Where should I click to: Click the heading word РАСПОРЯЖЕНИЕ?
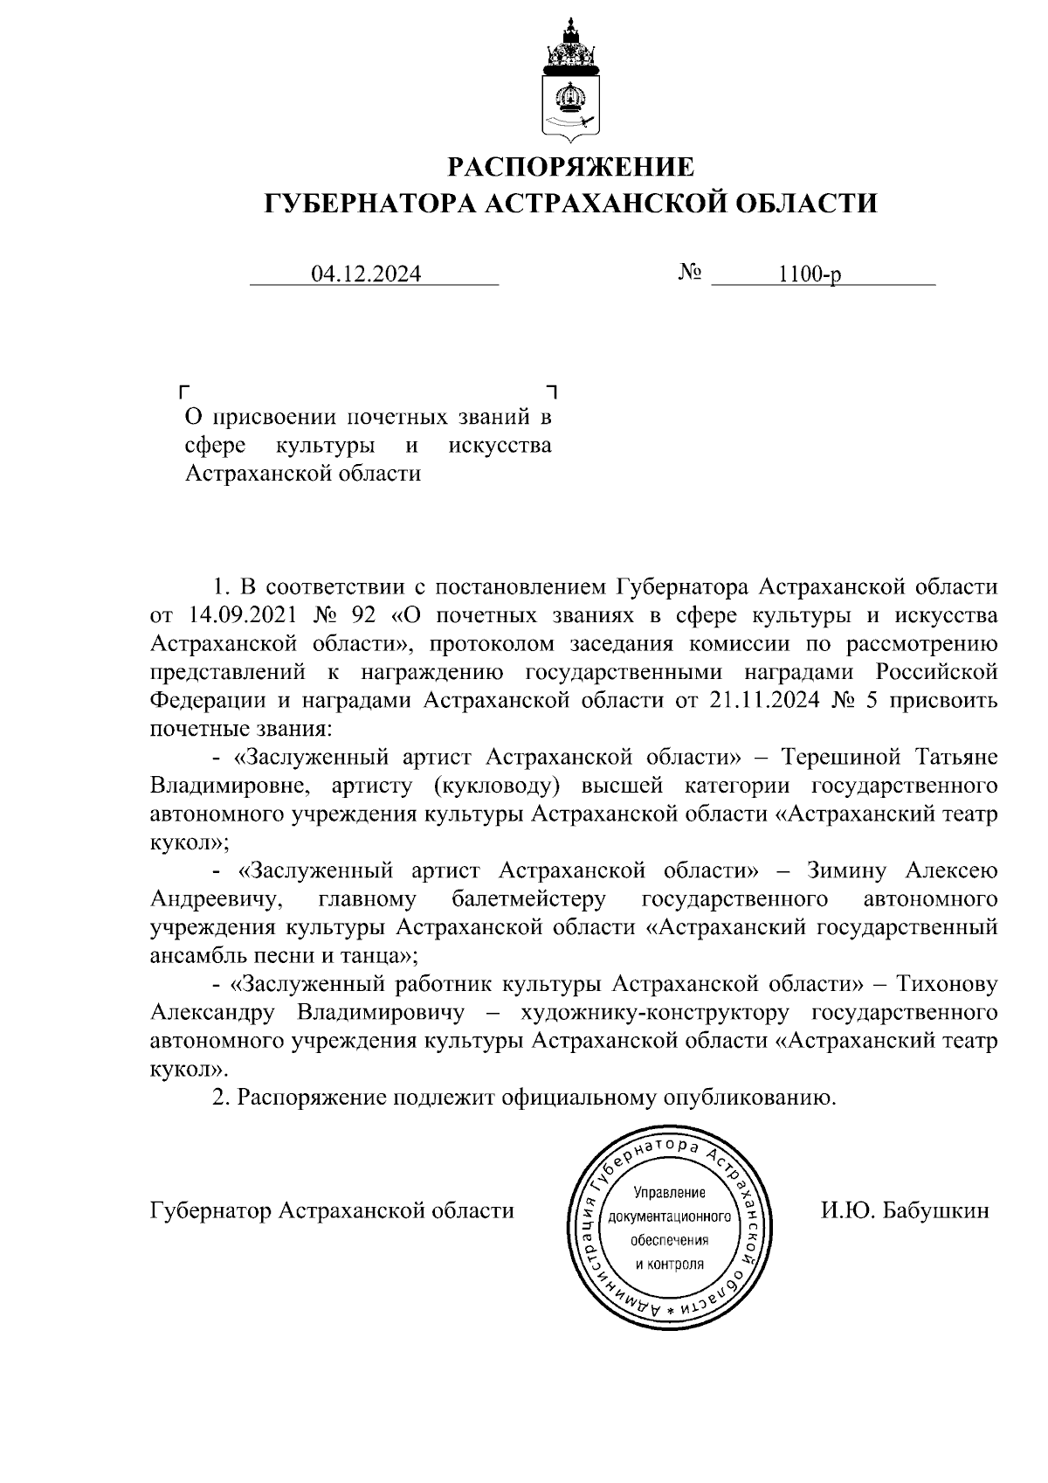(571, 166)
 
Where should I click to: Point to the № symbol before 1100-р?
(690, 274)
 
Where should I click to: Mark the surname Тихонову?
(944, 984)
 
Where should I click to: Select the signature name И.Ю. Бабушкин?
(905, 1211)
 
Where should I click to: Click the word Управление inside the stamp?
(669, 1193)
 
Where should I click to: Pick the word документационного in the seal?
(669, 1217)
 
